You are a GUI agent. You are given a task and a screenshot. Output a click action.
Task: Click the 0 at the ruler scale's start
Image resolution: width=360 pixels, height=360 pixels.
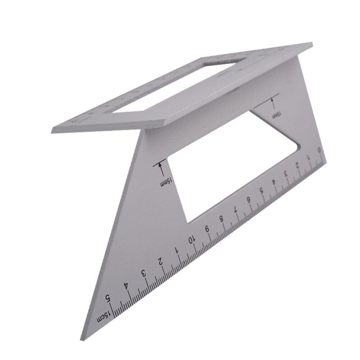point(319,150)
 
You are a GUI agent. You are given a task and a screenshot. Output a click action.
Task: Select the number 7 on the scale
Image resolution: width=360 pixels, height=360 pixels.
point(235,209)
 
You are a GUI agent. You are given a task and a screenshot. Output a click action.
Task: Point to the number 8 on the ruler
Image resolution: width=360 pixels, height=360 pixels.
point(221,219)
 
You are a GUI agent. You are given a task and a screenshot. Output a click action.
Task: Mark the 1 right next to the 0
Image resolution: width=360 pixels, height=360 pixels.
point(308,157)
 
